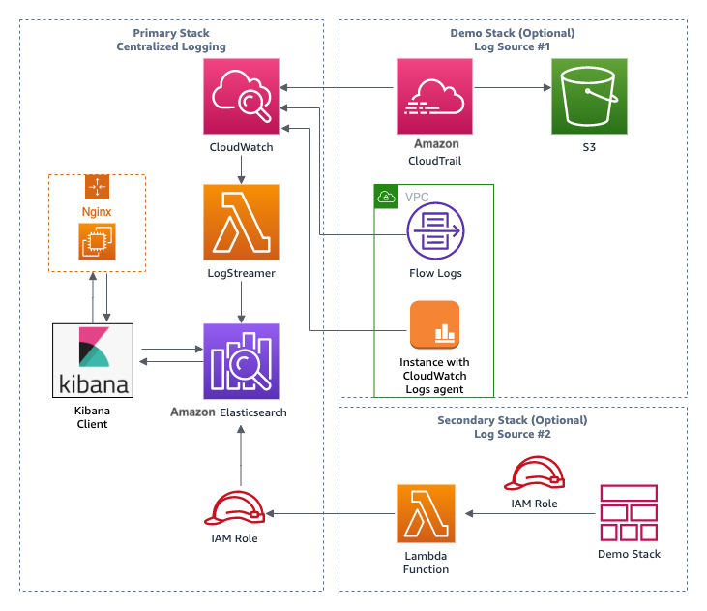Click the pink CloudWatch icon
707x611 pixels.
click(241, 96)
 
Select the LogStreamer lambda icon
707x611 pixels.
click(241, 222)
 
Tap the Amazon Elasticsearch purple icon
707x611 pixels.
click(241, 361)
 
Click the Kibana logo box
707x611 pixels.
click(93, 360)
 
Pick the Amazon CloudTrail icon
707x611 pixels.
click(434, 96)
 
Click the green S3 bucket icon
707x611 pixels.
click(589, 96)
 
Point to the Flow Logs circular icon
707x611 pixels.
click(435, 230)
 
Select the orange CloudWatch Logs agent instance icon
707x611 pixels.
click(434, 324)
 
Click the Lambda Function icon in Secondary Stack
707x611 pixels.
click(427, 513)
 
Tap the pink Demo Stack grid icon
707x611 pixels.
click(629, 513)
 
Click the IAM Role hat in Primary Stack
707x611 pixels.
click(234, 508)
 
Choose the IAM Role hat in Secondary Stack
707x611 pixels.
click(534, 474)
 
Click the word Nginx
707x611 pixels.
click(97, 212)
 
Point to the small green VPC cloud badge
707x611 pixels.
click(387, 197)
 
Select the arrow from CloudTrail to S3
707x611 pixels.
click(513, 87)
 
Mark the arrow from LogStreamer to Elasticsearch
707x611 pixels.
click(241, 302)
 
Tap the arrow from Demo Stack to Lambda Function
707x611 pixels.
click(530, 513)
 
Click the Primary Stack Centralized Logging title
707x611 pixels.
click(171, 40)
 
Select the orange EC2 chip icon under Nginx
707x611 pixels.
click(97, 242)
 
